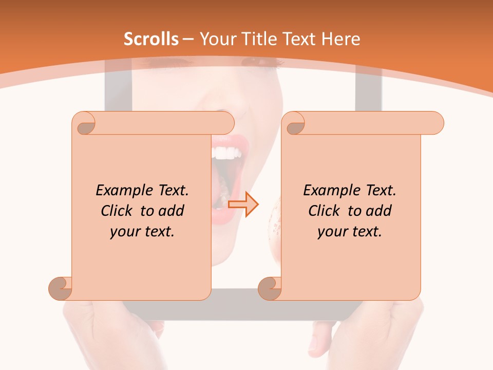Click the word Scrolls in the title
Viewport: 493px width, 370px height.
[151, 39]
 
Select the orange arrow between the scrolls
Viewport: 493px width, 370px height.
[243, 205]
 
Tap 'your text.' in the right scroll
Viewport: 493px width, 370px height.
[350, 231]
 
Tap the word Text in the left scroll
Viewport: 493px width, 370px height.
[171, 190]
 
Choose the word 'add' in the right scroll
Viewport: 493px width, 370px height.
[378, 211]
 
